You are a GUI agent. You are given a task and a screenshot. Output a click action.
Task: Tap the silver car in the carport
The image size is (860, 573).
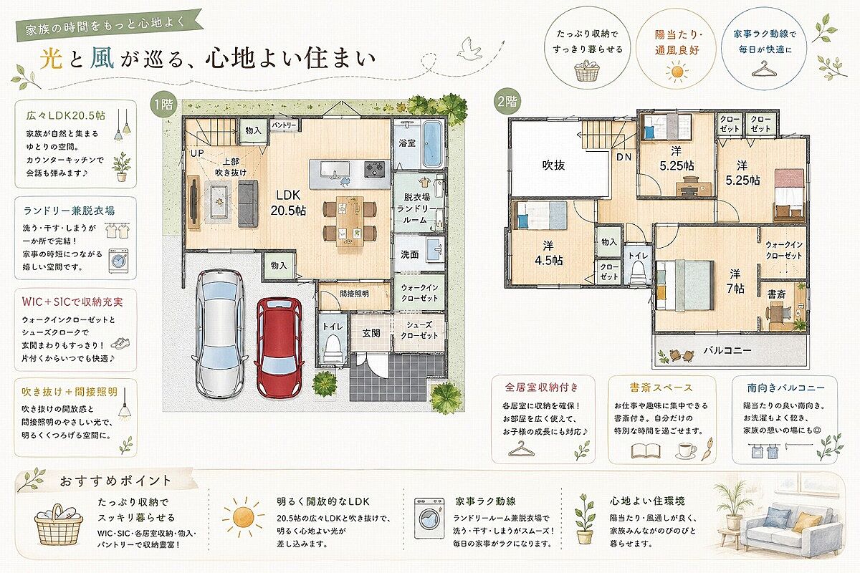(x=219, y=333)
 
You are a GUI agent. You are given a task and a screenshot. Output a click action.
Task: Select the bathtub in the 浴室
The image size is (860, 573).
(x=432, y=144)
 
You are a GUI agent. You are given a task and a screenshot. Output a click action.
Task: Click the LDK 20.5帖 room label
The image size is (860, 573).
(x=288, y=203)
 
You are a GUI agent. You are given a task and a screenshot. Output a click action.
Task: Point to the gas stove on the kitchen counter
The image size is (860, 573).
(x=374, y=168)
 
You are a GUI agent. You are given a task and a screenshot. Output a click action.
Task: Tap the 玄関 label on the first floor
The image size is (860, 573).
(x=371, y=333)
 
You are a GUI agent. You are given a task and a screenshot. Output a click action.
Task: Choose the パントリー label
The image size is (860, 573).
(x=284, y=125)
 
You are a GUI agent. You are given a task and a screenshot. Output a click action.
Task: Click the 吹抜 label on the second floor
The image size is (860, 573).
(x=553, y=165)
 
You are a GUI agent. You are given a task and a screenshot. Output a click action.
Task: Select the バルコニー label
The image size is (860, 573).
(x=727, y=350)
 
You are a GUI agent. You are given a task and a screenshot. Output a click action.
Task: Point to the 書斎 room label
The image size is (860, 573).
(x=776, y=294)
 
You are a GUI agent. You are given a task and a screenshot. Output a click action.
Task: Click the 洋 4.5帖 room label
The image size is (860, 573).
(x=549, y=253)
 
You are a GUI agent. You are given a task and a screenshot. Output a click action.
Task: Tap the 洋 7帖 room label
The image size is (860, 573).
(x=735, y=281)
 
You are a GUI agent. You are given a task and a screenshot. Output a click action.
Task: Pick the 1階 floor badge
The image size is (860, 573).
(x=164, y=105)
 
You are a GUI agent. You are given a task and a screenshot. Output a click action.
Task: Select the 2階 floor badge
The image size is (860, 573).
(x=507, y=101)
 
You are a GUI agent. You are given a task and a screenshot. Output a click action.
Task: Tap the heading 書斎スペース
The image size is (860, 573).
(x=661, y=387)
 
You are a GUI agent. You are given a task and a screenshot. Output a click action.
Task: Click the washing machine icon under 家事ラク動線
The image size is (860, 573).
(x=429, y=518)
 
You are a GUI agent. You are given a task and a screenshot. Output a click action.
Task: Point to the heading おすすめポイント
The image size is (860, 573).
(x=115, y=481)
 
